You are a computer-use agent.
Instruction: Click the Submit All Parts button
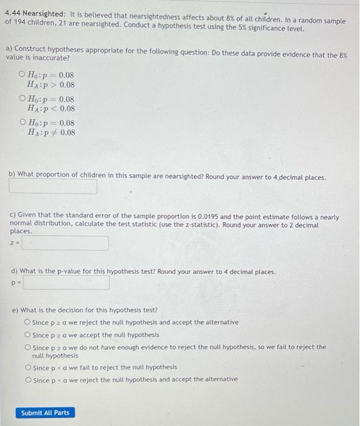[45, 413]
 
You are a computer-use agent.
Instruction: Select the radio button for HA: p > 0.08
[23, 75]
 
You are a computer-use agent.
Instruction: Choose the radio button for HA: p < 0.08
[23, 99]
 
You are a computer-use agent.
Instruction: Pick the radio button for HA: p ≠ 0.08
[23, 122]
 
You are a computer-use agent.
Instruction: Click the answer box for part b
[53, 187]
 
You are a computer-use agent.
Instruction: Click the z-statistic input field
[65, 243]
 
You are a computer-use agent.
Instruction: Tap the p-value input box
[66, 283]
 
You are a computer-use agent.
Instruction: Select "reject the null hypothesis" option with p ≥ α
[27, 323]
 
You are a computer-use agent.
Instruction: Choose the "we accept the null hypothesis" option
[27, 335]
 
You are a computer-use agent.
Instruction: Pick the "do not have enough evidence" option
[27, 347]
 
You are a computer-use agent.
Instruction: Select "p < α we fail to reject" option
[27, 368]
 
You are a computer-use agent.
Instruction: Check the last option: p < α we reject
[27, 379]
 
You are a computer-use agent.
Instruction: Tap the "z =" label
[14, 243]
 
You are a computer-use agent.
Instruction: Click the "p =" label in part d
[15, 283]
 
